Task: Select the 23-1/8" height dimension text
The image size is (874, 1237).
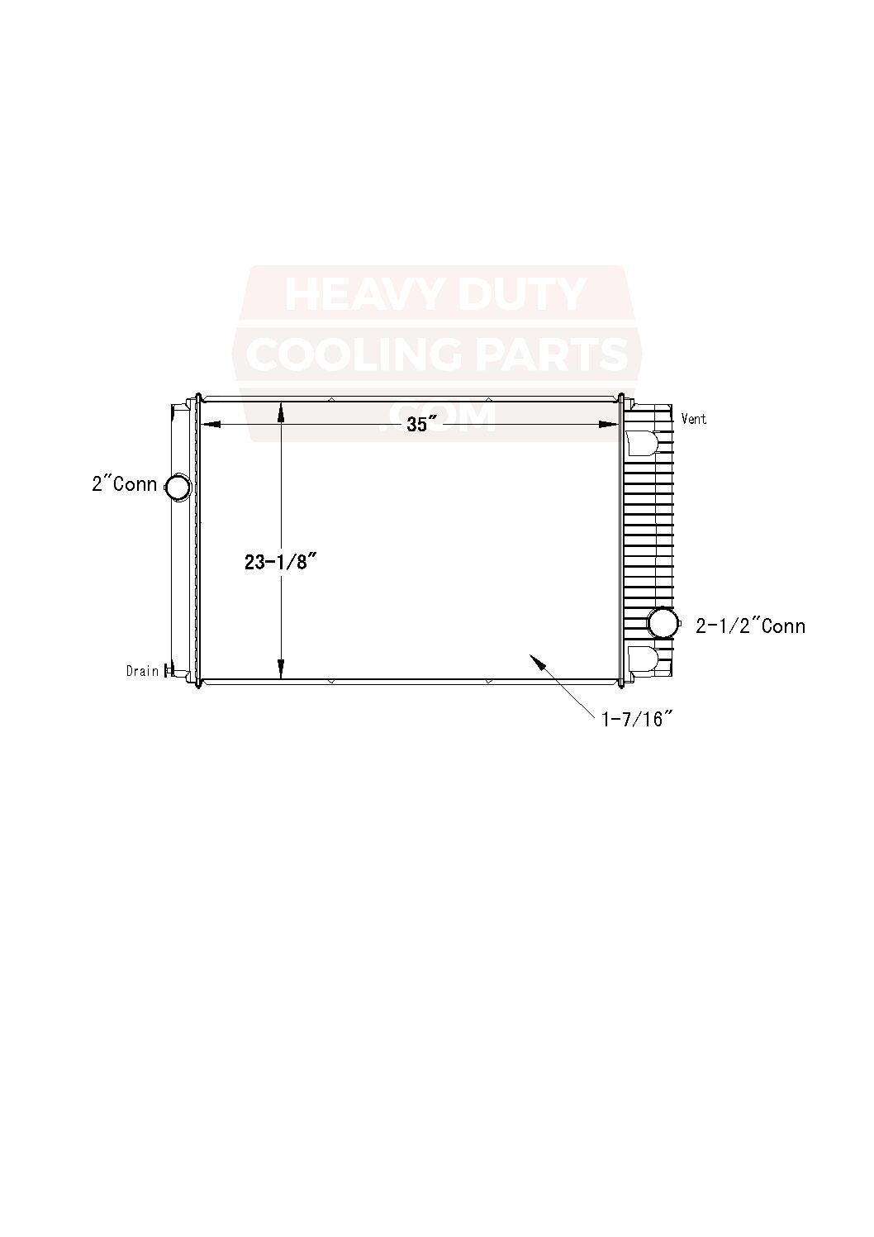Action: coord(280,562)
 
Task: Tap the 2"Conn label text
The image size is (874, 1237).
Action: coord(124,484)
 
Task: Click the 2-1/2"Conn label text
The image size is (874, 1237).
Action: coord(750,626)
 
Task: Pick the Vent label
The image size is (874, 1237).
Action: coord(694,419)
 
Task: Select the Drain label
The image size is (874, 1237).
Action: coord(142,671)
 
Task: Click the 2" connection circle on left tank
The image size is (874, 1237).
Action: coord(178,487)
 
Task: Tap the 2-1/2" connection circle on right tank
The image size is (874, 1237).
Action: coord(663,622)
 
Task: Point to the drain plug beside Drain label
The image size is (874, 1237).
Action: coord(169,670)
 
